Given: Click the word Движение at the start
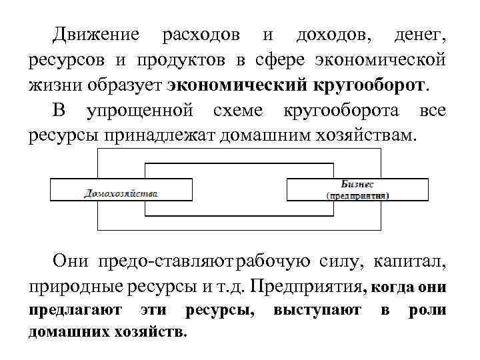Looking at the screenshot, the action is coord(97,35).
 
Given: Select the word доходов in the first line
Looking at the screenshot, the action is coord(335,35).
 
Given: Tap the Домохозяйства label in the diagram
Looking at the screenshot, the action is coord(121,193).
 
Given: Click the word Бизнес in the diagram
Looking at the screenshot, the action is coord(357,183).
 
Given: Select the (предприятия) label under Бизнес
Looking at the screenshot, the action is coord(357,196).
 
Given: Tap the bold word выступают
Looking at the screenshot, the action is coord(317,310).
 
